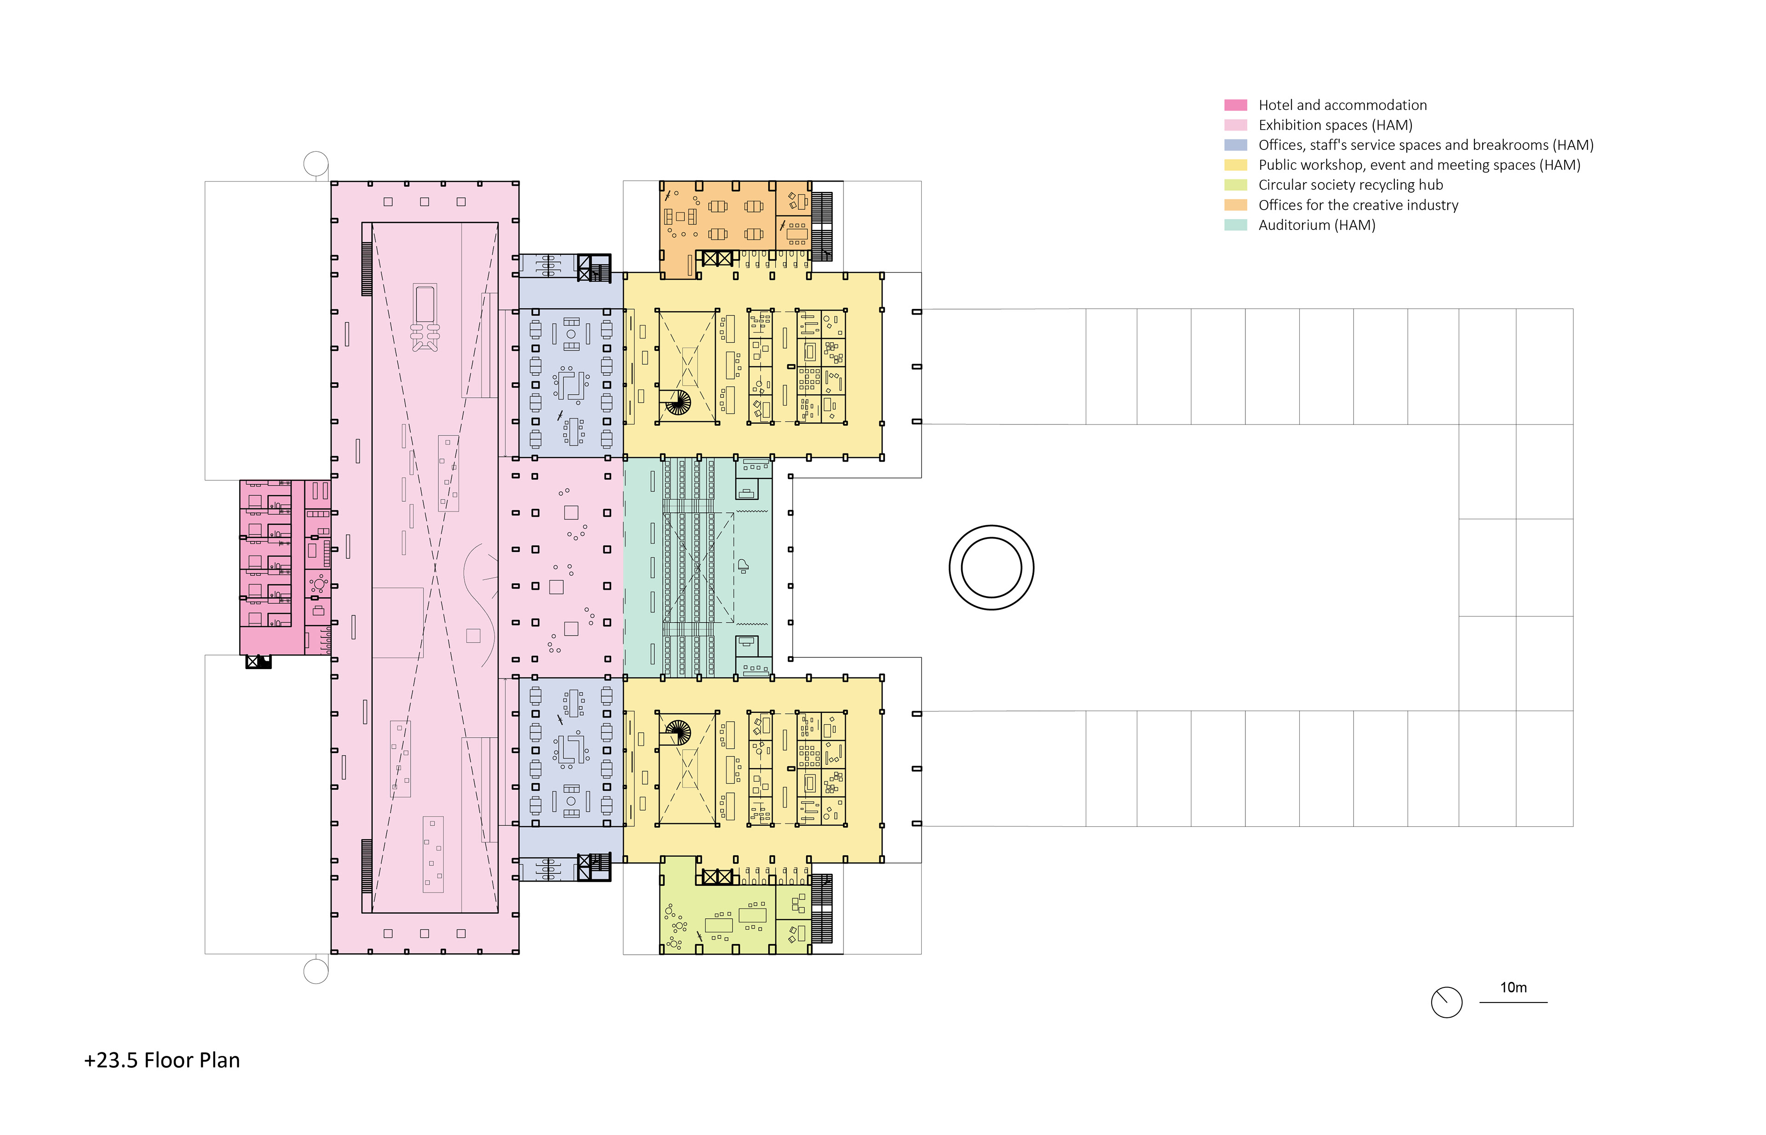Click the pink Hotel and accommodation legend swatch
[1235, 105]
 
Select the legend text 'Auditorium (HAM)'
[1316, 225]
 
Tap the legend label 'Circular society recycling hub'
[1350, 185]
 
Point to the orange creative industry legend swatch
[1235, 205]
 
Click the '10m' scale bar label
[1513, 987]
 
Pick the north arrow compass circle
[1446, 1003]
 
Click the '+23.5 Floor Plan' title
[162, 1060]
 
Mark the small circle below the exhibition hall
[316, 971]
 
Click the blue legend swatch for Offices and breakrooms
[1235, 145]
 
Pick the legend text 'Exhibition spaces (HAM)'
[1335, 125]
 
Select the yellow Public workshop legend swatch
[1235, 165]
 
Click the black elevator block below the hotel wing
[258, 662]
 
